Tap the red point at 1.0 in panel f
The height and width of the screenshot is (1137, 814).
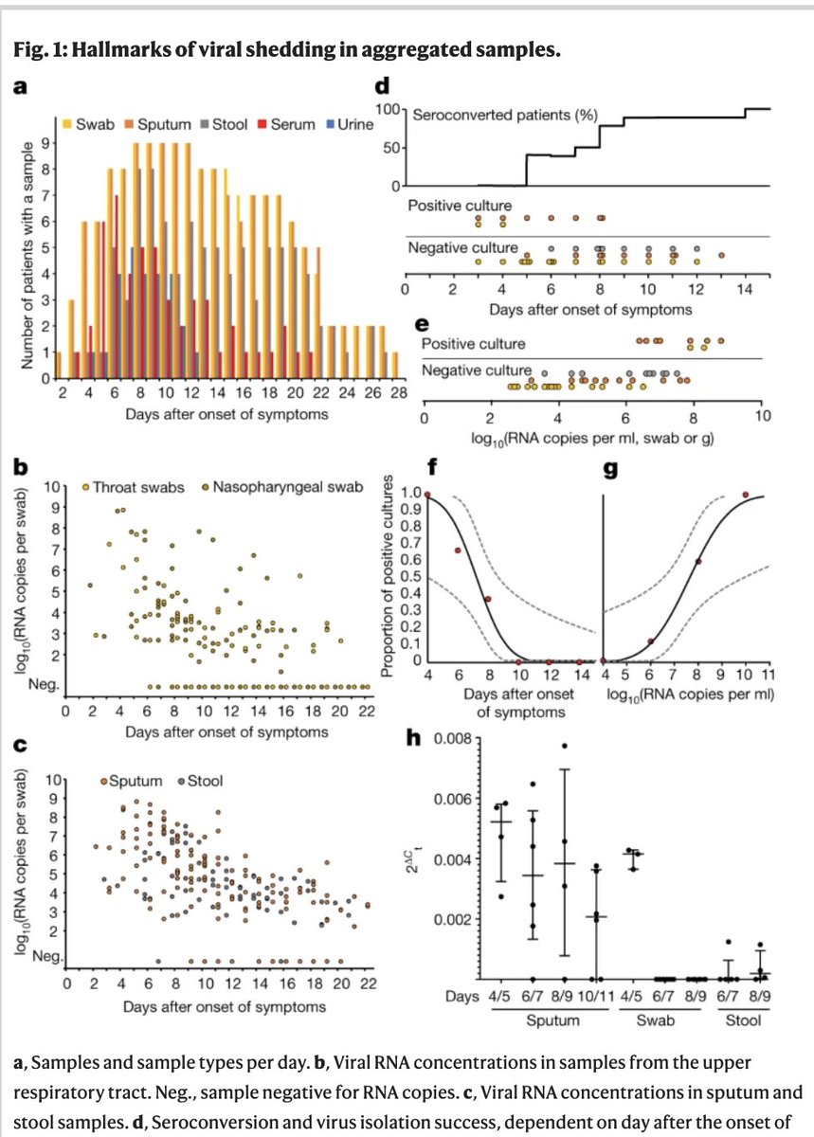tap(427, 495)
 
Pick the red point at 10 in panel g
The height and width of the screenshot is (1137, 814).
tap(746, 495)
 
